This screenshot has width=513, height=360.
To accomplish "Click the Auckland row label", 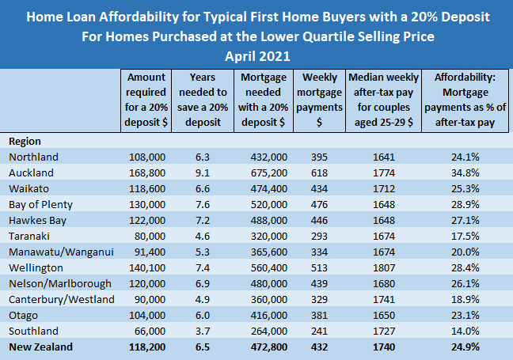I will coord(31,172).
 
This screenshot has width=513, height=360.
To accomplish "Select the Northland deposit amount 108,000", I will coord(148,157).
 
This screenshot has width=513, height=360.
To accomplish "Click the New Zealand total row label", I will coord(40,347).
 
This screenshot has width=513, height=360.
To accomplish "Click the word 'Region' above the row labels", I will coord(25,141).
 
